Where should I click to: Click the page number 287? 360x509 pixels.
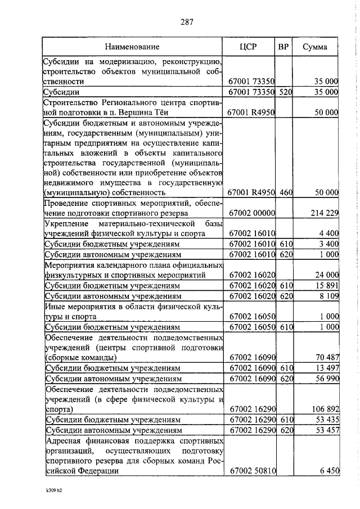[x=187, y=22]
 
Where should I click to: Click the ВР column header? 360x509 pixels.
[x=283, y=47]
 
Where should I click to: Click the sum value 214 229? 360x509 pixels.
[x=324, y=213]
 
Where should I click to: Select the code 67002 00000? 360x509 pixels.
[x=252, y=213]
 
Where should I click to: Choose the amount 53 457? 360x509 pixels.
[x=326, y=430]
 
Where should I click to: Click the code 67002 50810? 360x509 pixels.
[x=252, y=470]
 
